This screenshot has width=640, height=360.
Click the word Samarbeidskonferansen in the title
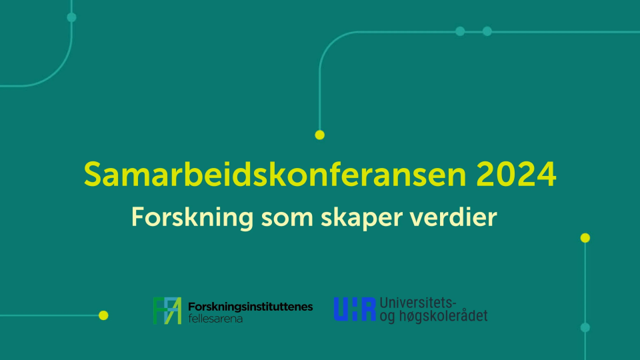[275, 174]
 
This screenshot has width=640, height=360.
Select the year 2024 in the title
[516, 174]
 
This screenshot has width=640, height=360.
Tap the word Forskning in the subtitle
[192, 218]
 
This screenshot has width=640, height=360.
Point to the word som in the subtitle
[287, 219]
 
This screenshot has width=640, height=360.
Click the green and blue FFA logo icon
[167, 311]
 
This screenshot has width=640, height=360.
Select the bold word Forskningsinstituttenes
[250, 307]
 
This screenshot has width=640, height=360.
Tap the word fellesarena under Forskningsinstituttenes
[215, 319]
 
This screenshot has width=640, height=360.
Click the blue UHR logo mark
[355, 309]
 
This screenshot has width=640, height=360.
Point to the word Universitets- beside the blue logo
[418, 303]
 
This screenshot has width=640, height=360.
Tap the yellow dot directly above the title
[319, 135]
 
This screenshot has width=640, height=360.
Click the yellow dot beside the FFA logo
[103, 315]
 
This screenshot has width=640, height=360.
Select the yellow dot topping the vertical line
[585, 237]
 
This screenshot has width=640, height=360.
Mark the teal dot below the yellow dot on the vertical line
[585, 327]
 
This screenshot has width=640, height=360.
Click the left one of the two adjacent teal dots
[460, 31]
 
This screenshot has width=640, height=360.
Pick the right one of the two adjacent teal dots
[487, 31]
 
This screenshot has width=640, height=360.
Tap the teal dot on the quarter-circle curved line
[71, 17]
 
